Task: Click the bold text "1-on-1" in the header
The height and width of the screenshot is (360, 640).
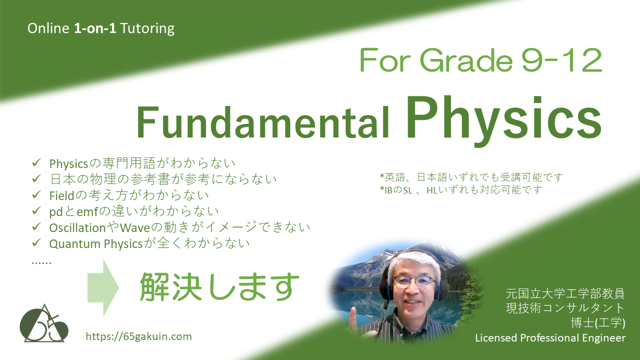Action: [95, 28]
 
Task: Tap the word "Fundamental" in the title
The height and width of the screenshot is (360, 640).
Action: [262, 122]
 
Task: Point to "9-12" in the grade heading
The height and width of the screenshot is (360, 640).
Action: [561, 60]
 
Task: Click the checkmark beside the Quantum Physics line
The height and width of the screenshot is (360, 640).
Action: [36, 242]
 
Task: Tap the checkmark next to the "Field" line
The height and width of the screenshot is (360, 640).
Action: [36, 194]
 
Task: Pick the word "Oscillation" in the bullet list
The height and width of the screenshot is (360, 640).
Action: [77, 227]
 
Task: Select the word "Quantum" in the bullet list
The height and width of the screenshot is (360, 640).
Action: [75, 244]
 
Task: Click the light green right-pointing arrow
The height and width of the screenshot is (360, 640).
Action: [103, 287]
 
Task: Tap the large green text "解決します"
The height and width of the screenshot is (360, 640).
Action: [219, 286]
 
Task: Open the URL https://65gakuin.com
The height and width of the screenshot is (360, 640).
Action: [139, 336]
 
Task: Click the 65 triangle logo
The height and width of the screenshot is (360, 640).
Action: [44, 323]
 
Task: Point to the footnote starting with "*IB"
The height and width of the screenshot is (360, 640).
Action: [460, 189]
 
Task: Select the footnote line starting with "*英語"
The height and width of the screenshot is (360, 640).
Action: [471, 177]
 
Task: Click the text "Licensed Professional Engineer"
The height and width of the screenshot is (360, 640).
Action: [550, 337]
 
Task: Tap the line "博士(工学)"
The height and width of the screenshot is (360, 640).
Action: [598, 323]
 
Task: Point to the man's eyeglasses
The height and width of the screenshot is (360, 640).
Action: [414, 281]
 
